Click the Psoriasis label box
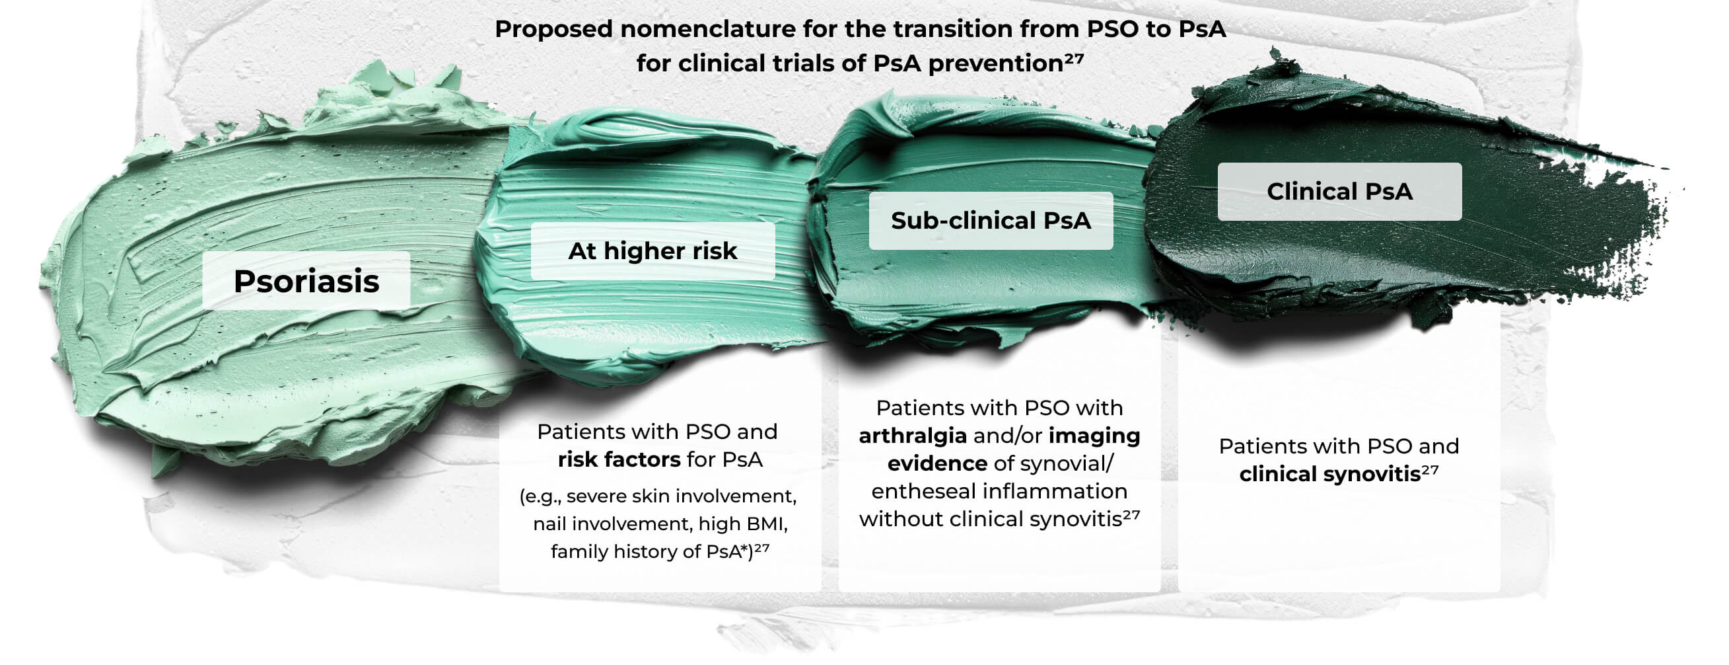click(x=306, y=281)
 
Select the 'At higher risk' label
click(x=653, y=251)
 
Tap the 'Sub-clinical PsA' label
click(x=991, y=221)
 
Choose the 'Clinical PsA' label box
click(x=1340, y=192)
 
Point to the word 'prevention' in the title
click(x=996, y=64)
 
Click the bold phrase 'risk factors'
click(x=619, y=459)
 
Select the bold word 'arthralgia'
click(x=913, y=436)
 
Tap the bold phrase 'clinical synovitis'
click(x=1329, y=474)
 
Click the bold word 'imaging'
click(x=1094, y=436)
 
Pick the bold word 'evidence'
click(x=937, y=463)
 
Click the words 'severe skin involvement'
click(x=682, y=496)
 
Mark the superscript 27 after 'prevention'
click(x=1074, y=58)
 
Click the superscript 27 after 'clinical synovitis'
click(x=1430, y=469)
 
